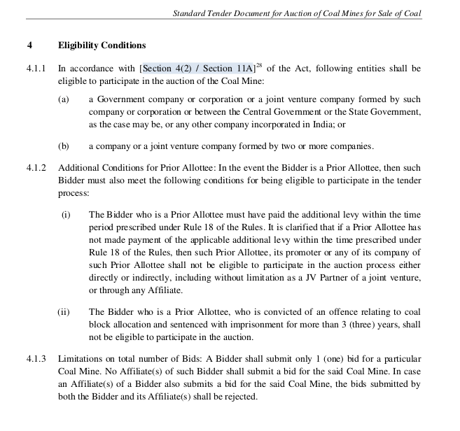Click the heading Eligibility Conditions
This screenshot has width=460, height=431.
pyautogui.click(x=102, y=45)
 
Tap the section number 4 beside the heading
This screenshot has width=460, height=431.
pyautogui.click(x=30, y=45)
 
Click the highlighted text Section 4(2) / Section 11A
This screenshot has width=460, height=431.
pyautogui.click(x=197, y=69)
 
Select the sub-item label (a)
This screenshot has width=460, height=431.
pyautogui.click(x=64, y=100)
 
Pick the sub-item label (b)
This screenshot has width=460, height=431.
pyautogui.click(x=64, y=146)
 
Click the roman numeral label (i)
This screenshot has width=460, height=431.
pyautogui.click(x=66, y=215)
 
